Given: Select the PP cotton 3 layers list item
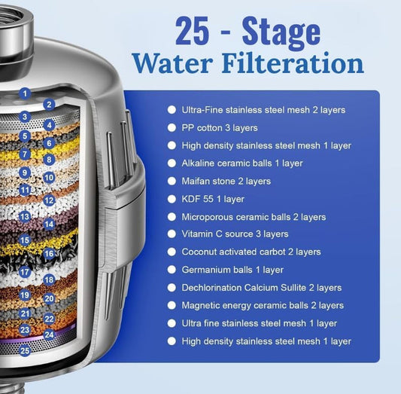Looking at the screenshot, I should tap(219, 127).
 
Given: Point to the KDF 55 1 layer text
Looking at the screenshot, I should tap(213, 199).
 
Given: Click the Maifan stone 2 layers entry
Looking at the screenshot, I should tap(226, 181).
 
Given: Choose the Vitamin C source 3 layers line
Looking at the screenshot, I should tap(235, 234).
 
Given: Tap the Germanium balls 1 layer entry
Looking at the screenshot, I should tap(232, 270).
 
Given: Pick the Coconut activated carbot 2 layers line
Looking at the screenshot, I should tap(251, 252).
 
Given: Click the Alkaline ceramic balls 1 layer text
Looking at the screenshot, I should tap(242, 163).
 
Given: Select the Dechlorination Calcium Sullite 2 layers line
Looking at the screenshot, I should tap(261, 288).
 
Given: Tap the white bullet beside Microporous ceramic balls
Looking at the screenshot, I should tap(172, 217).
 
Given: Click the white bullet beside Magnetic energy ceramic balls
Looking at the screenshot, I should tap(172, 305).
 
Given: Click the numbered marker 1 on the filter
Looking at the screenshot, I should tap(26, 93).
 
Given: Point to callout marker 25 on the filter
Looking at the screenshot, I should tap(26, 350).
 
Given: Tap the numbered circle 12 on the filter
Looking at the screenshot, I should tap(49, 200).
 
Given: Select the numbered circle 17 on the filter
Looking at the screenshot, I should tap(26, 272).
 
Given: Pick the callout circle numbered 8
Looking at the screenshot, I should tap(49, 160).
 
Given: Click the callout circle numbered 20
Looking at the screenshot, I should tap(49, 298).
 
